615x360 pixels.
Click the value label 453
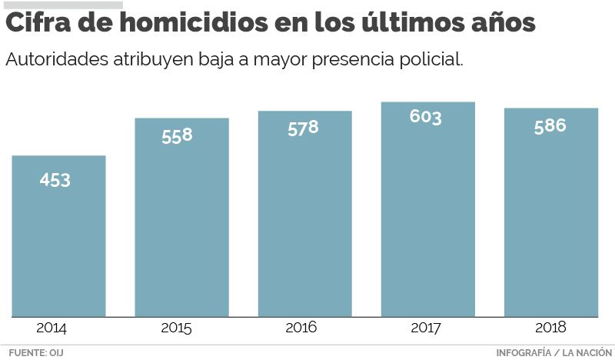tap(55, 180)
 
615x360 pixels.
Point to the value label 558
tap(177, 135)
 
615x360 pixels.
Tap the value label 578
tap(303, 128)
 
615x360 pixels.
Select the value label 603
tap(426, 117)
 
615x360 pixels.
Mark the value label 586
tap(550, 125)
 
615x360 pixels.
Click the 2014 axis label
tap(52, 328)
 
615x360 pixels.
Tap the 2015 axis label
tap(176, 328)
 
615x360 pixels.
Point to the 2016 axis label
tap(301, 328)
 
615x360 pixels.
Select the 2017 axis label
tap(425, 328)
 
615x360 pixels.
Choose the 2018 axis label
tap(550, 328)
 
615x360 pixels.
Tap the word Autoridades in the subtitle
tap(55, 59)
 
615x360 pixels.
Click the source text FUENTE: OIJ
tap(35, 353)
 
